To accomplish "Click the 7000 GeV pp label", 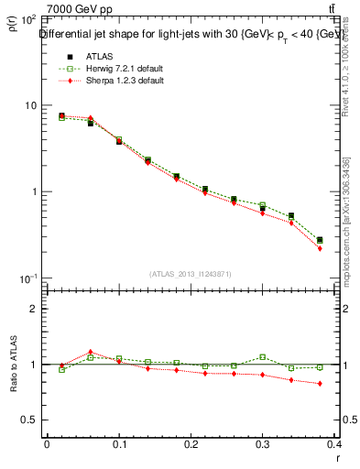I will pos(80,9).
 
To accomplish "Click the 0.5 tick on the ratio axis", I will pos(29,420).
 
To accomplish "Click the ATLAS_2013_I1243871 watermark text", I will pos(191,274).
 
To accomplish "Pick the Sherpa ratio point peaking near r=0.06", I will pos(91,352).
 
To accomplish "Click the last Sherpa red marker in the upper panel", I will pos(320,248).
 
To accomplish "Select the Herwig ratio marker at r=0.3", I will pos(262,357).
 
